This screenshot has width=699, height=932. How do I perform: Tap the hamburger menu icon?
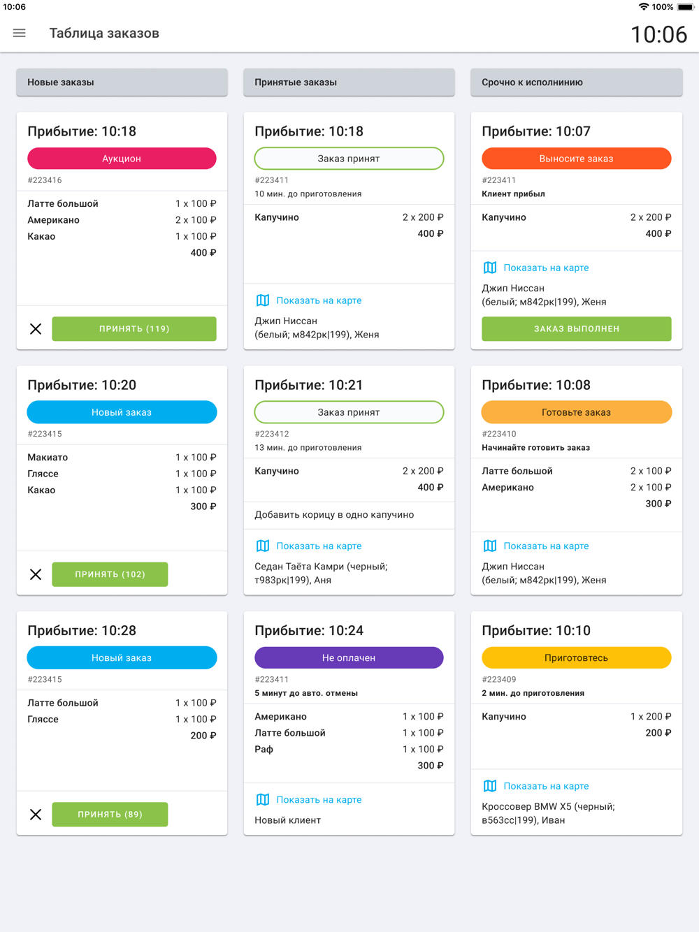(20, 33)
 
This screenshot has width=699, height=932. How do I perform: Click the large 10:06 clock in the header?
(658, 34)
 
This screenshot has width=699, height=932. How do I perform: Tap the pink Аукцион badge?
(122, 159)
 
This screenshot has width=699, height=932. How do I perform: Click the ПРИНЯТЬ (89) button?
(110, 815)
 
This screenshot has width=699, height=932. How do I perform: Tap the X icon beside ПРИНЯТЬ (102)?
(36, 574)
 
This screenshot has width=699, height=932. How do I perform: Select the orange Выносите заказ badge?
(576, 159)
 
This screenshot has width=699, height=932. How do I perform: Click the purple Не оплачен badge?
(349, 658)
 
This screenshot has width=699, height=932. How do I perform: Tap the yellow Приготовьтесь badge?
(576, 658)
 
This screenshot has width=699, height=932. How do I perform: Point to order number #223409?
(499, 679)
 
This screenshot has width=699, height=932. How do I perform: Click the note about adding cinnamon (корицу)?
(334, 515)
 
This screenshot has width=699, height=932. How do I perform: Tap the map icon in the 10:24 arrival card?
(263, 800)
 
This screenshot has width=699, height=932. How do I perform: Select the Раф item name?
(264, 750)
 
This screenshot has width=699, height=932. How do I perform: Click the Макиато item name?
(48, 458)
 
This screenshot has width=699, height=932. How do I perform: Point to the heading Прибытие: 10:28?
(82, 631)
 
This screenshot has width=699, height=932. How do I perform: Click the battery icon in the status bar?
(685, 7)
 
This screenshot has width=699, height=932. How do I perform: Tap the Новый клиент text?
(288, 820)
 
